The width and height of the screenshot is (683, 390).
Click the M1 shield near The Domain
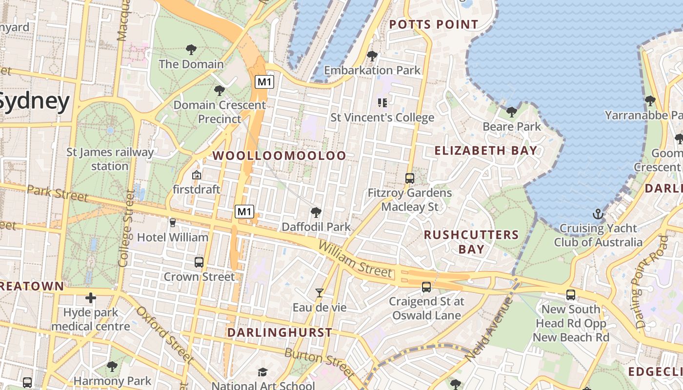coord(264,82)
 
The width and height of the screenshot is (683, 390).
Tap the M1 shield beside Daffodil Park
coord(244,212)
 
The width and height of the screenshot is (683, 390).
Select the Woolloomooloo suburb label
coord(280,156)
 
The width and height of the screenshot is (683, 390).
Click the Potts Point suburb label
coord(433,24)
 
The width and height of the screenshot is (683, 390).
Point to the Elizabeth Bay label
coord(485,151)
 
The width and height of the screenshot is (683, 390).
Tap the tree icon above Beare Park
coord(511,112)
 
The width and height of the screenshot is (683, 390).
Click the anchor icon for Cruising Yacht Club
coord(598,214)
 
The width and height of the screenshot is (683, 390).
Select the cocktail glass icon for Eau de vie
coord(320,293)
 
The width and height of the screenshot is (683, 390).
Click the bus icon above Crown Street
coord(199,262)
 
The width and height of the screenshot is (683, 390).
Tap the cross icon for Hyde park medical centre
coord(91,297)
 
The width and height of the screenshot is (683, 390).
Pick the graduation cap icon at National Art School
coord(262,372)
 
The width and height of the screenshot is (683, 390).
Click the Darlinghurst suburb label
coord(280,332)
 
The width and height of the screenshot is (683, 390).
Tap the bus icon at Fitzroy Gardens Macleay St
coord(410,178)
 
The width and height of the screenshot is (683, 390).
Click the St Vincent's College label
coord(382,117)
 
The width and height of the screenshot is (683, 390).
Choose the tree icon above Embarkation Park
coord(372,56)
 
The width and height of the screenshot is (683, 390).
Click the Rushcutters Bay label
coord(471,242)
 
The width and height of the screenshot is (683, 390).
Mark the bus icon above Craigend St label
coord(426,287)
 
